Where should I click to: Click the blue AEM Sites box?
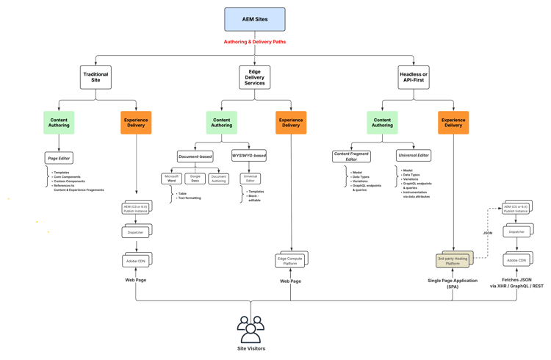pyautogui.click(x=255, y=20)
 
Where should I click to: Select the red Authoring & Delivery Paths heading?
pyautogui.click(x=255, y=42)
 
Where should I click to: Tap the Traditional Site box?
pyautogui.click(x=96, y=77)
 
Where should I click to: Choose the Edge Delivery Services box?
pyautogui.click(x=255, y=78)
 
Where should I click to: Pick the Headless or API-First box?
pyautogui.click(x=414, y=77)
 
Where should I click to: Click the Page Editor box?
pyautogui.click(x=59, y=158)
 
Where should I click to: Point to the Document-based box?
pyautogui.click(x=195, y=156)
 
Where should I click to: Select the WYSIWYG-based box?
pyautogui.click(x=249, y=156)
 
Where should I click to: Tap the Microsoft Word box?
pyautogui.click(x=171, y=179)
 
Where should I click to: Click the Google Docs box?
pyautogui.click(x=195, y=179)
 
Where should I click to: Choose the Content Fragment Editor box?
pyautogui.click(x=351, y=156)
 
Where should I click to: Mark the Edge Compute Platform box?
pyautogui.click(x=290, y=260)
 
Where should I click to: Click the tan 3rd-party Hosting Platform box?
pyautogui.click(x=453, y=260)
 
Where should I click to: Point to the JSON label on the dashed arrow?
pyautogui.click(x=488, y=233)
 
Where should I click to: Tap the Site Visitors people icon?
pyautogui.click(x=251, y=328)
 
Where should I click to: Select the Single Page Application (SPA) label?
pyautogui.click(x=453, y=284)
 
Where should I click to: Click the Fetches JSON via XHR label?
pyautogui.click(x=516, y=284)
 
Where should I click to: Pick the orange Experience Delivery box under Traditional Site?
pyautogui.click(x=136, y=123)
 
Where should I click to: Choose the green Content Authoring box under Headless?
pyautogui.click(x=382, y=123)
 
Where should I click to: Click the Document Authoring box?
pyautogui.click(x=218, y=179)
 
